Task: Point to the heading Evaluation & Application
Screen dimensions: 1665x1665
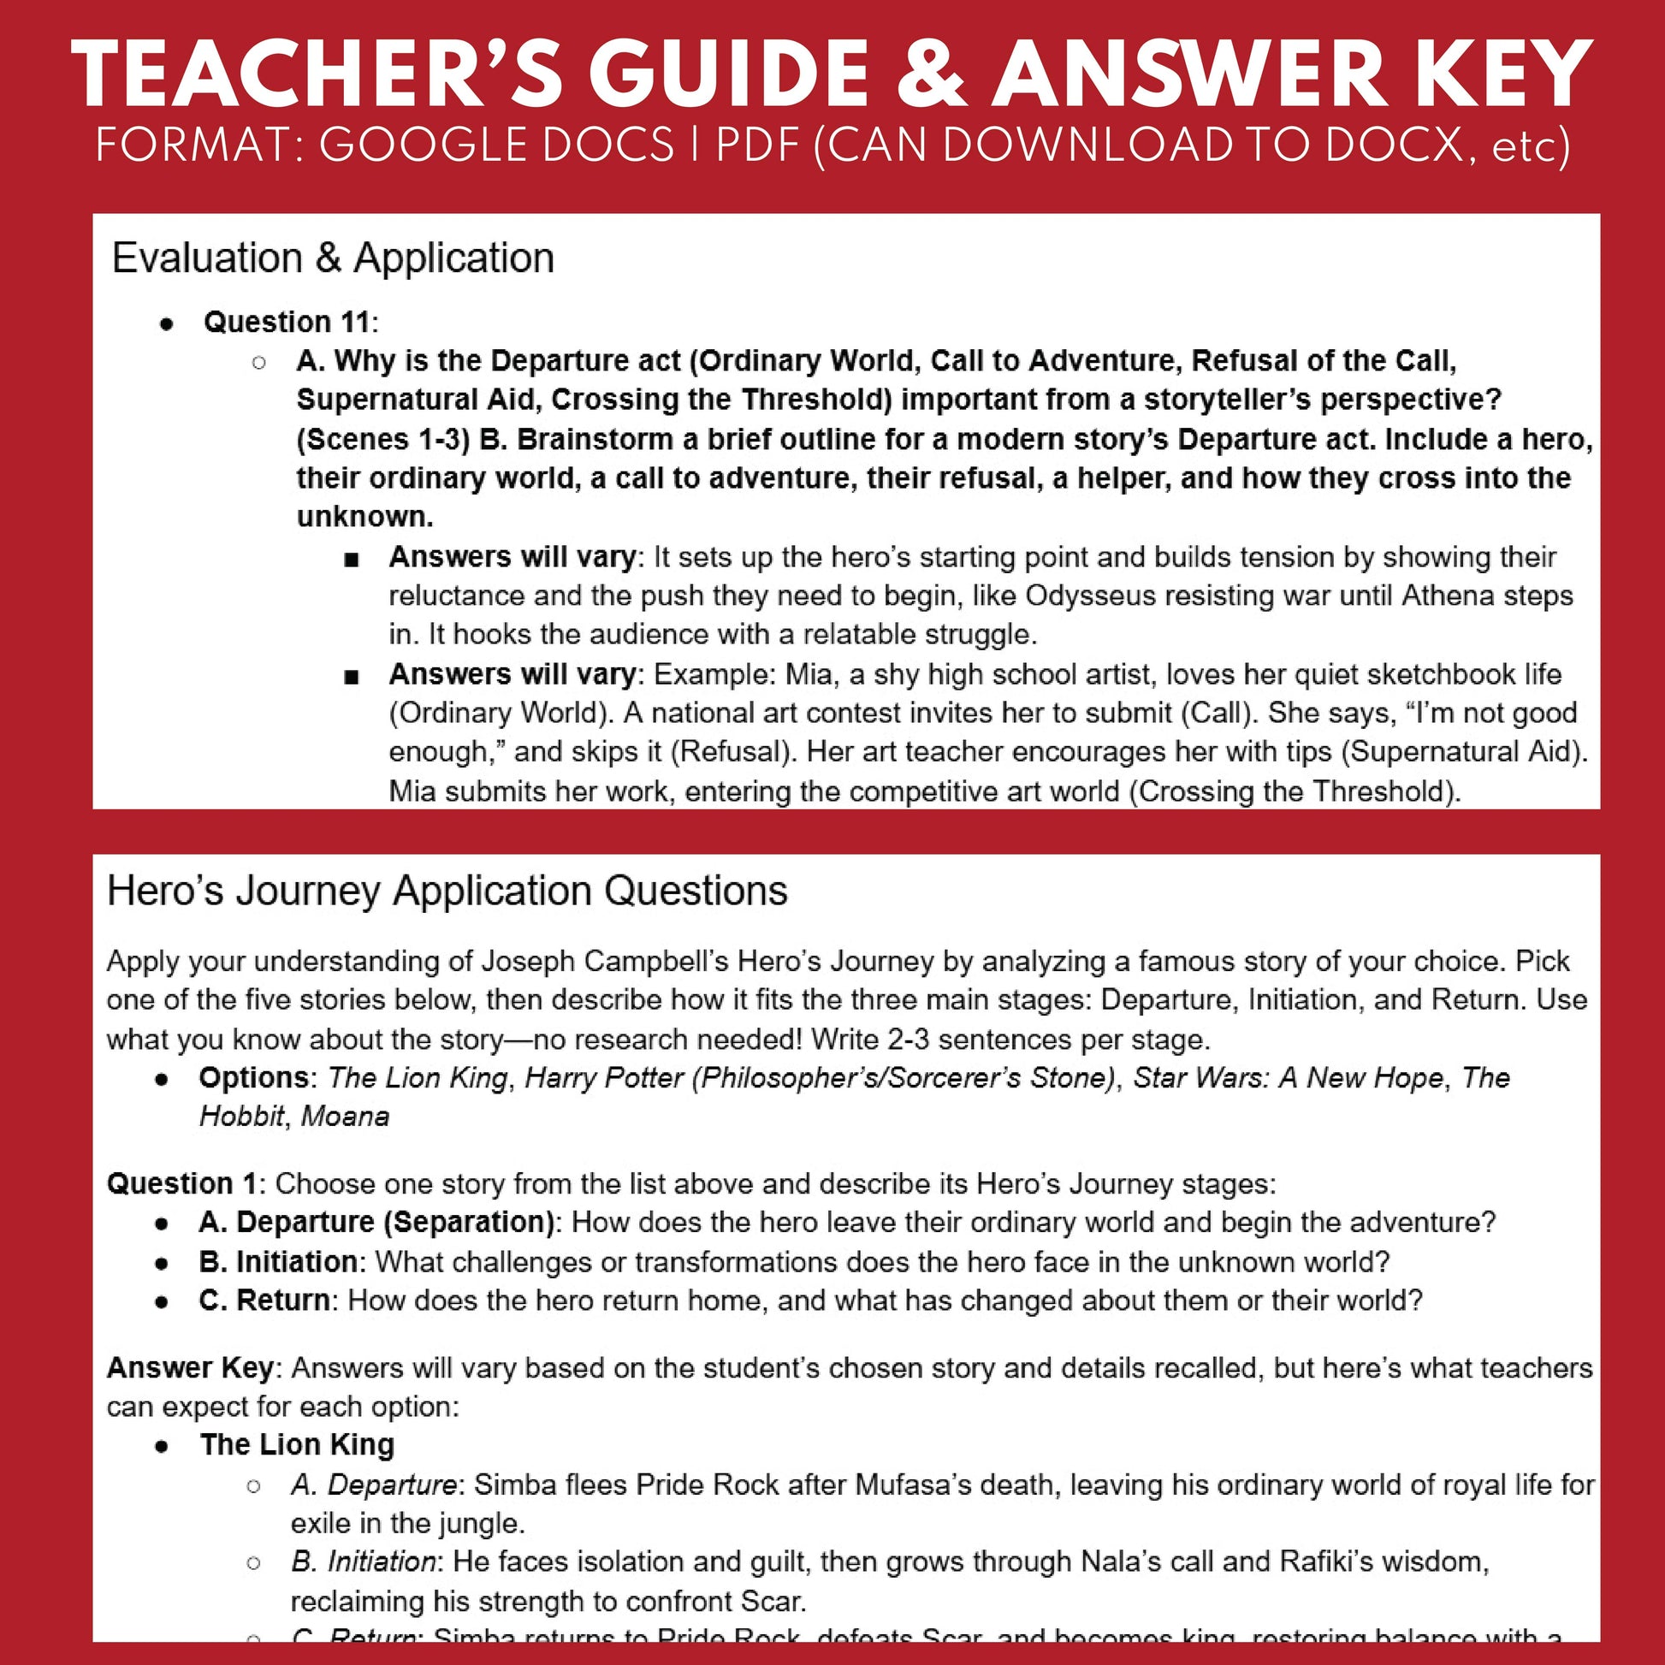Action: click(x=333, y=258)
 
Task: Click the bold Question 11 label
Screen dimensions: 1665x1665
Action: click(x=287, y=323)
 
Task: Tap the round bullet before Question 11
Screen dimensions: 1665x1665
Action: click(x=166, y=324)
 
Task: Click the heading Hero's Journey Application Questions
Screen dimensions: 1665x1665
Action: click(x=447, y=890)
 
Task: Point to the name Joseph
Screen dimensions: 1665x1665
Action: click(x=528, y=961)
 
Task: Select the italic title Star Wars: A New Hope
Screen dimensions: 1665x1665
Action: click(x=1288, y=1077)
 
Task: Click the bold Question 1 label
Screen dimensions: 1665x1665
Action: click(x=181, y=1183)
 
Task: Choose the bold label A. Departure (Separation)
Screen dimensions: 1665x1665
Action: click(x=376, y=1222)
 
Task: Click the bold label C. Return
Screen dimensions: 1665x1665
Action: click(x=264, y=1300)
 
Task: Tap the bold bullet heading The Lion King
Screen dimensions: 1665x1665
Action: click(x=298, y=1444)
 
